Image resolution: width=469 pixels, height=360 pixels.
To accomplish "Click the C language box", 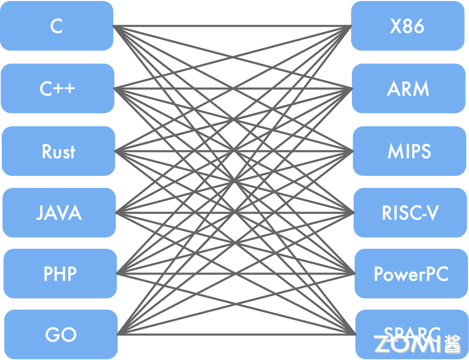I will tap(56, 26).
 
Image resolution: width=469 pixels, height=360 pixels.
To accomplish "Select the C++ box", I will tap(57, 89).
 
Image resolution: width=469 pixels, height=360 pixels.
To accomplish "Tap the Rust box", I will tap(58, 151).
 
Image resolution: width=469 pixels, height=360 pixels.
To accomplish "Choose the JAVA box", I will tap(59, 213).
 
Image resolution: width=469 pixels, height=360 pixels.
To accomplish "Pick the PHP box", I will tap(60, 274).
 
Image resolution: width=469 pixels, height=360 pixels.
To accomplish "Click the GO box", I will tap(61, 334).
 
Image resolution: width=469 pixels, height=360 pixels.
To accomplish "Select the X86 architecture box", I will tap(407, 26).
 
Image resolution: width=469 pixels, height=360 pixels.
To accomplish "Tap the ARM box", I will tap(408, 89).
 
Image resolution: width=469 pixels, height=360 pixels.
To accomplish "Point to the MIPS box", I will tap(409, 151).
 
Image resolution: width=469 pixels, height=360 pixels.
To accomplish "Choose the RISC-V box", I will tap(410, 213).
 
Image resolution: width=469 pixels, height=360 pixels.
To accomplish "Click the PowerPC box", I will tap(411, 274).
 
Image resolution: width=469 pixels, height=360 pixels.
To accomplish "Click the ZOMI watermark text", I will tap(408, 344).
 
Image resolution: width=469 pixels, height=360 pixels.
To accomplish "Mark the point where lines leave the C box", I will tap(114, 26).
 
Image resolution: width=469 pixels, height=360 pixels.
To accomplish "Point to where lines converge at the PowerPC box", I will tap(354, 274).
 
